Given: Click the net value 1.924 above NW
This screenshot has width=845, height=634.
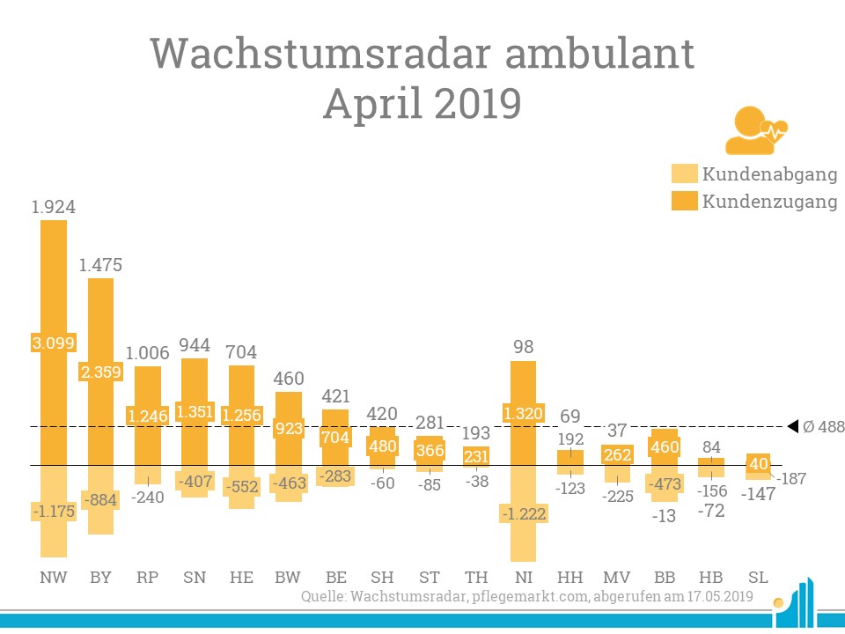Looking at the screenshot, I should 54,208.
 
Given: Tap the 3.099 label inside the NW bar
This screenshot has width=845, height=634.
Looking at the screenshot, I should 54,342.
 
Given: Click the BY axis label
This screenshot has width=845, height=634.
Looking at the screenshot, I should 100,578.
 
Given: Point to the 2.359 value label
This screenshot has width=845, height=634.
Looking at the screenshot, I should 101,372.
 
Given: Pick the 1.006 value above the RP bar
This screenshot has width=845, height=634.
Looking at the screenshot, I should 147,352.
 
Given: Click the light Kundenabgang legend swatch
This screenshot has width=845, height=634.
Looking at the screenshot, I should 683,174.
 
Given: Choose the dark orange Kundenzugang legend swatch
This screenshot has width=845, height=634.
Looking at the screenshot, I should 683,201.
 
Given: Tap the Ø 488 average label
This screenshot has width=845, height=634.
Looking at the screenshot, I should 823,427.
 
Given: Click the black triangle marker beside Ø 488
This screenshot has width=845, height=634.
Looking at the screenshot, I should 792,426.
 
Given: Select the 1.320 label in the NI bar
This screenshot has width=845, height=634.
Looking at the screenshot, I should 524,410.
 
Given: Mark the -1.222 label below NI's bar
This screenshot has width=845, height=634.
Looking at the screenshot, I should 524,512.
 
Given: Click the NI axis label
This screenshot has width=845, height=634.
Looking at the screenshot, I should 523,578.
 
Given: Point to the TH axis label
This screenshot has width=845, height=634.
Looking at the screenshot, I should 476,578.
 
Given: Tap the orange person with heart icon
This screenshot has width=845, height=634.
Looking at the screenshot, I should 753,130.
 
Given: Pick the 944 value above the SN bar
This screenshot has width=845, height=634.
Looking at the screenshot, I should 195,345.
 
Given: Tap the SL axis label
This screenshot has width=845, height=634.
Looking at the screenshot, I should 756,578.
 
